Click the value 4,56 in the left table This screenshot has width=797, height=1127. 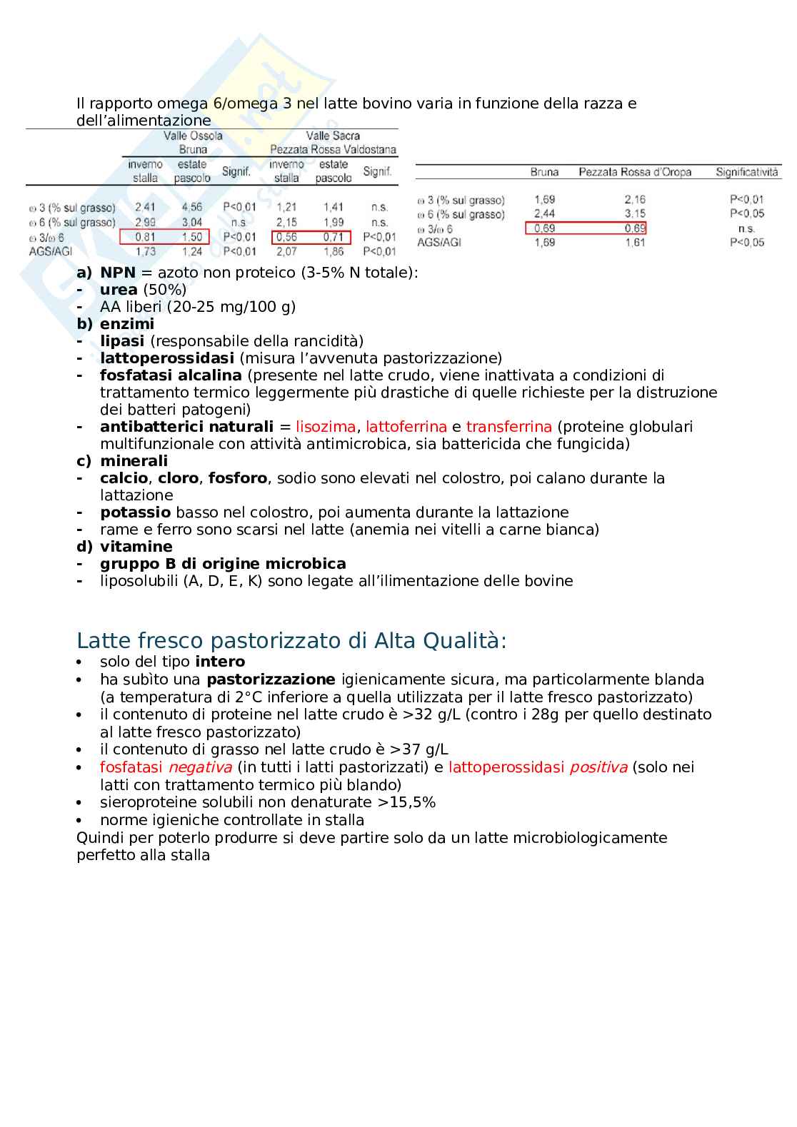192,208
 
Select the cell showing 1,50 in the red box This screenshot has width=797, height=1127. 192,237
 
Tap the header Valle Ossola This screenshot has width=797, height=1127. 193,136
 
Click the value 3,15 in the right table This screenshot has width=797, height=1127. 635,213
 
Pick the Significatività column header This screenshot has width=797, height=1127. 747,172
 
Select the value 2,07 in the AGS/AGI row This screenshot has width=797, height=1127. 286,251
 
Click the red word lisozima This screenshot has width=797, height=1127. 326,427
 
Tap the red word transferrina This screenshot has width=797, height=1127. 508,427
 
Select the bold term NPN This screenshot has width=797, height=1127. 118,273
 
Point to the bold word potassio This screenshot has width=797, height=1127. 136,512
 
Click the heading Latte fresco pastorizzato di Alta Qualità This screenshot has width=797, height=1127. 291,640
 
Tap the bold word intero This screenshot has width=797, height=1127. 220,662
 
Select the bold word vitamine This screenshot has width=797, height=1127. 136,547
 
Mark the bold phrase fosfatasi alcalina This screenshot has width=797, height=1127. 171,375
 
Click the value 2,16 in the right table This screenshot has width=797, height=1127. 635,200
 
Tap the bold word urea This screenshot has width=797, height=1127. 119,290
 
